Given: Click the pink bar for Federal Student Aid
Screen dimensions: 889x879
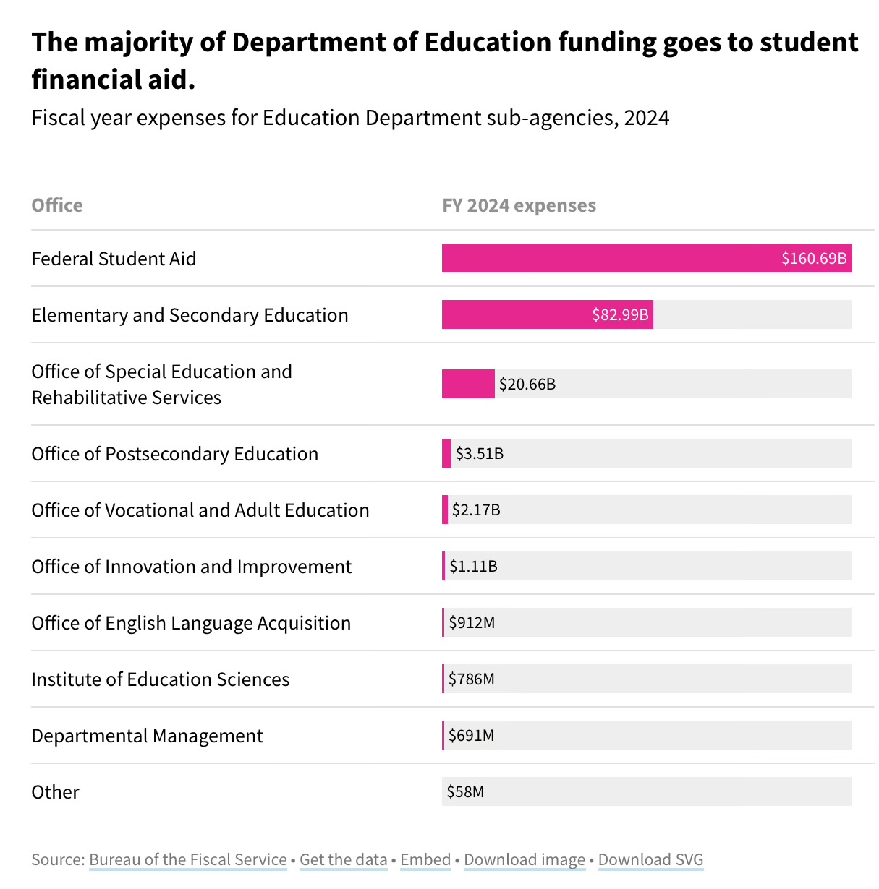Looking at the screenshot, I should pyautogui.click(x=608, y=258).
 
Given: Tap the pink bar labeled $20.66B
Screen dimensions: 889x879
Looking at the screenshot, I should pyautogui.click(x=468, y=384).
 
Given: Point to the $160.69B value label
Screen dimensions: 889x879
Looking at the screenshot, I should pyautogui.click(x=813, y=258).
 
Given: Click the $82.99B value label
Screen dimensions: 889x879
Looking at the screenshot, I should pyautogui.click(x=620, y=314).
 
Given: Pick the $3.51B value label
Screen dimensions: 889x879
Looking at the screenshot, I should pyautogui.click(x=480, y=454).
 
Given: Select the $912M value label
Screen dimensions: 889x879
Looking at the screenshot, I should pyautogui.click(x=472, y=622).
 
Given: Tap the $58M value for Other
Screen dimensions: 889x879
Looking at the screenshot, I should pyautogui.click(x=465, y=791).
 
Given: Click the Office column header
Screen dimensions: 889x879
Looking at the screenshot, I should pyautogui.click(x=57, y=205).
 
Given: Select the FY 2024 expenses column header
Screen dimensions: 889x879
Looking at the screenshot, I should pyautogui.click(x=519, y=205).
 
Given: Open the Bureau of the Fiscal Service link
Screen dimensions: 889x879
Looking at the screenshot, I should pyautogui.click(x=188, y=859).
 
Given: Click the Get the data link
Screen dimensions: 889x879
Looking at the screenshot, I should pyautogui.click(x=343, y=859).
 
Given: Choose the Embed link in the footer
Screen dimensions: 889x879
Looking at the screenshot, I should pyautogui.click(x=425, y=859).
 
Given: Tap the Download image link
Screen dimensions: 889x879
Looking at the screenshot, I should pyautogui.click(x=525, y=859).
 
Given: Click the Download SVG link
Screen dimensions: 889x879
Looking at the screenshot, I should pyautogui.click(x=650, y=859).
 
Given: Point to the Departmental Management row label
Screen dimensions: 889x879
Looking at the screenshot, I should pyautogui.click(x=147, y=736).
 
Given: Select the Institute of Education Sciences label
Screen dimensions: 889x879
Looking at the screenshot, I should pyautogui.click(x=160, y=679).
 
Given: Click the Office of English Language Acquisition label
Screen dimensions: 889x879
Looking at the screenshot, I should pyautogui.click(x=191, y=623).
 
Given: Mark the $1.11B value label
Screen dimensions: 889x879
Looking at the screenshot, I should pyautogui.click(x=473, y=566).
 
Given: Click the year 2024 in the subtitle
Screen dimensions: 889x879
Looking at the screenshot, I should pyautogui.click(x=647, y=118).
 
